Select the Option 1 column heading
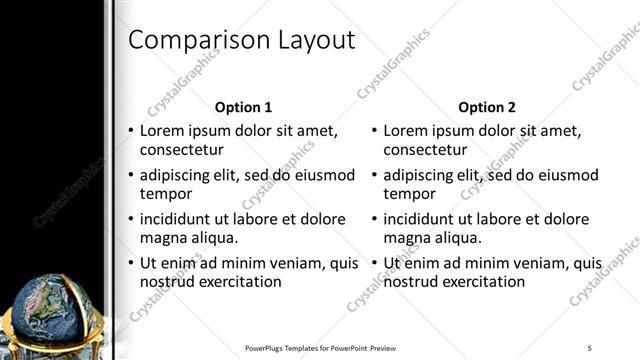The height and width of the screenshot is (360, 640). pyautogui.click(x=243, y=107)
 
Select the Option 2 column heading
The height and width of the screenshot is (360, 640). pyautogui.click(x=486, y=107)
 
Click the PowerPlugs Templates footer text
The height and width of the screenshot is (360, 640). pyautogui.click(x=320, y=347)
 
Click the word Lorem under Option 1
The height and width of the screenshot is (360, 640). pyautogui.click(x=164, y=130)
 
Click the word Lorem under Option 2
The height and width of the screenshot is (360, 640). pyautogui.click(x=407, y=130)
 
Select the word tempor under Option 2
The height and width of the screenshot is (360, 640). pyautogui.click(x=409, y=194)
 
